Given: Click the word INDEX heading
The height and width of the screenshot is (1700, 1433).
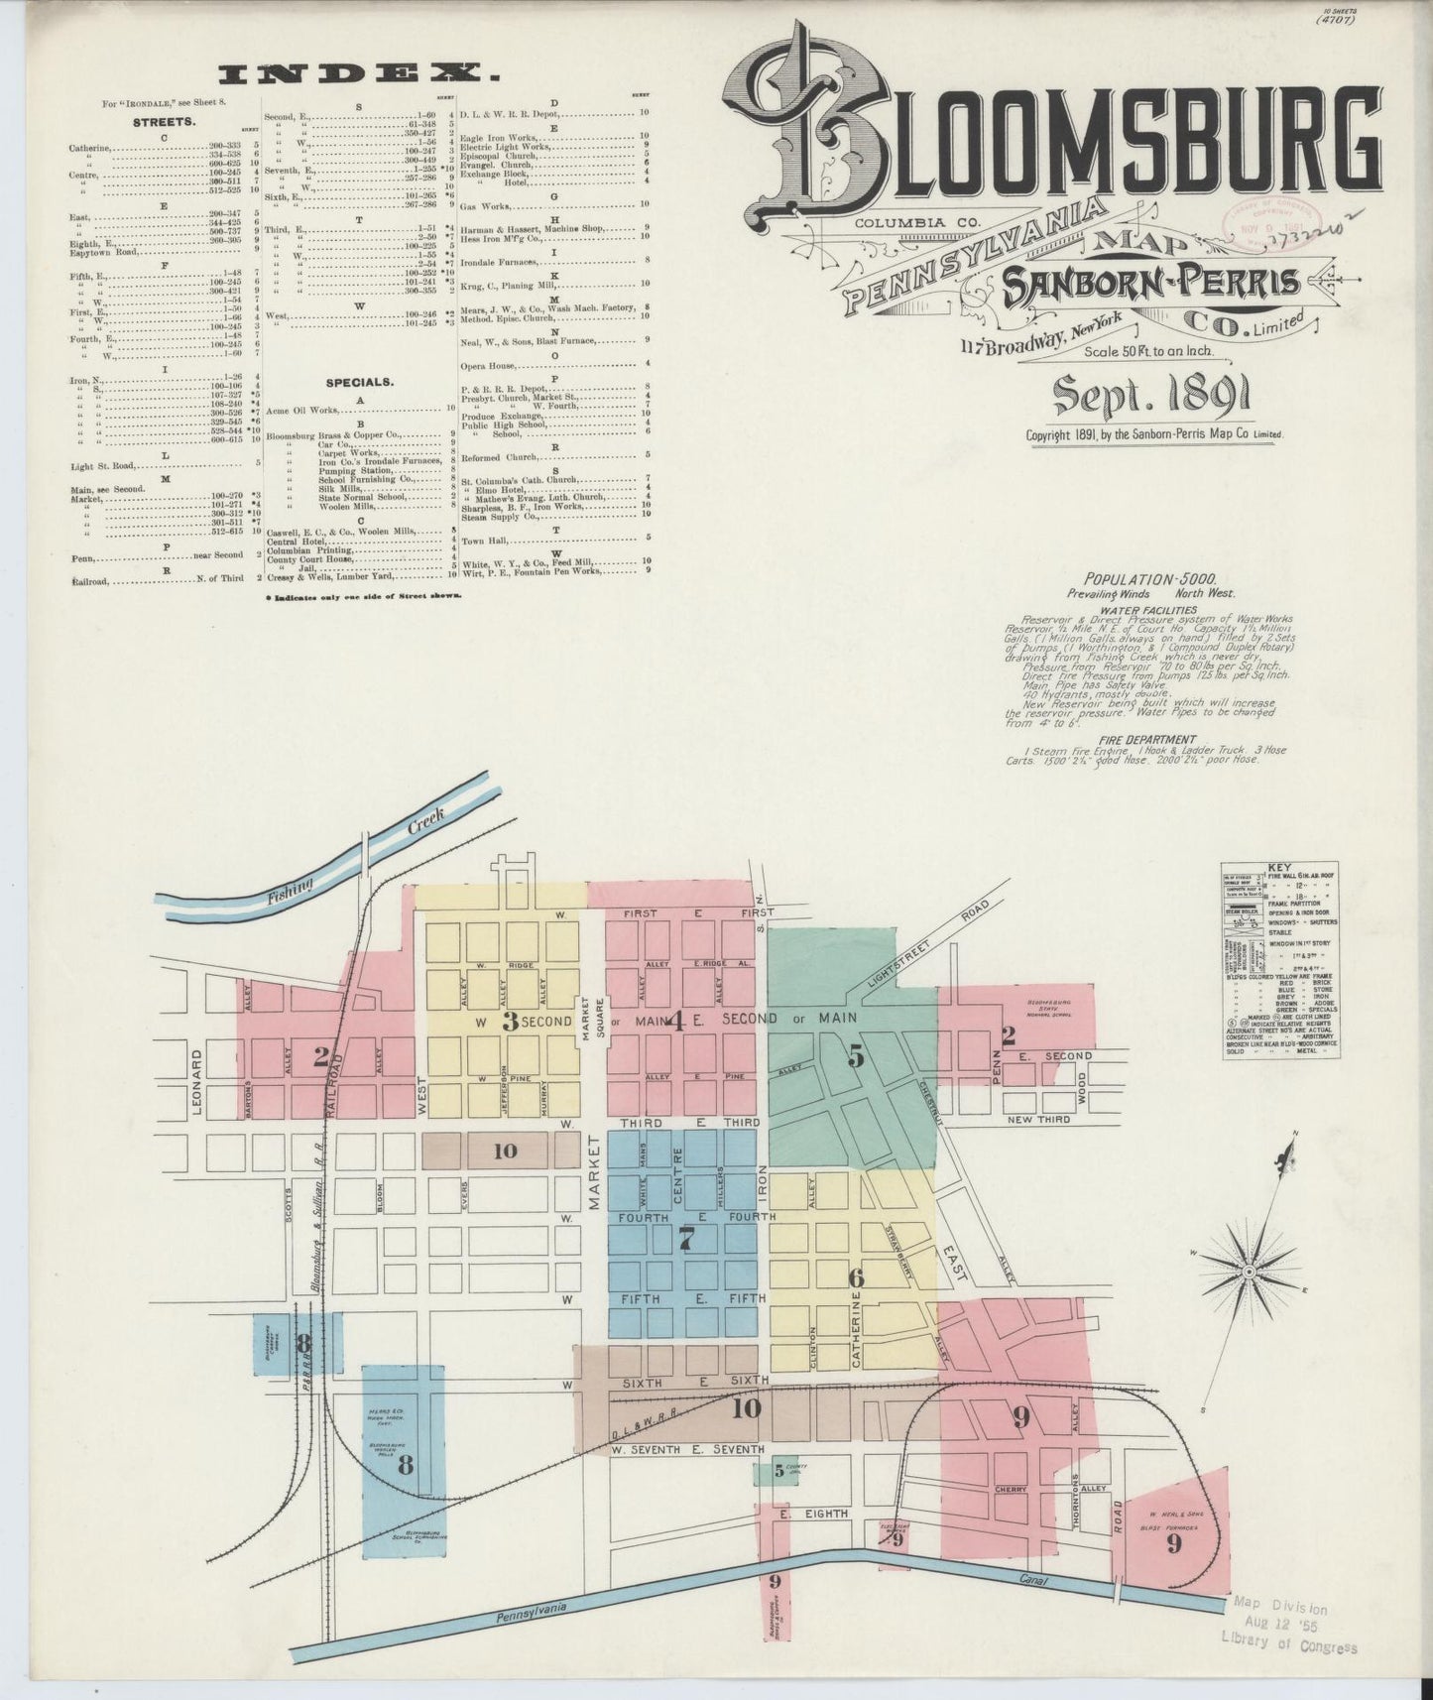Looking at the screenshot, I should (358, 71).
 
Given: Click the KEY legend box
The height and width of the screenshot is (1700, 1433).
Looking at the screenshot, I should (1280, 960).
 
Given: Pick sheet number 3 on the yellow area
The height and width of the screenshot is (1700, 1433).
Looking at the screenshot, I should (510, 1021).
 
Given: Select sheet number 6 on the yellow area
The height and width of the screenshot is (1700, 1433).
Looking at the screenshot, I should (855, 1276).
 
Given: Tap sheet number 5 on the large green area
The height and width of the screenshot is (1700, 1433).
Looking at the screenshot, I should (855, 1056).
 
